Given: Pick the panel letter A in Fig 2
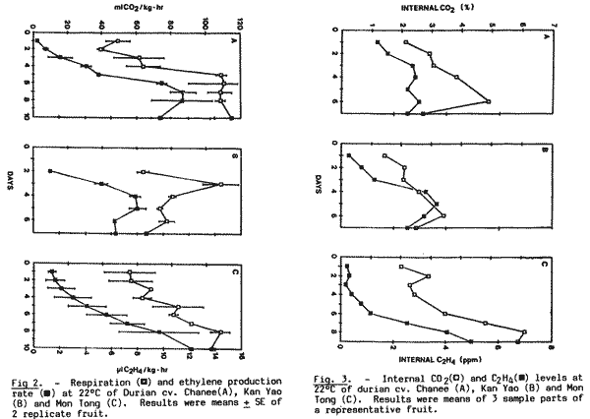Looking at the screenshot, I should coord(233,40).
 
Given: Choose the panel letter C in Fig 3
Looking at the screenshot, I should coord(545,266).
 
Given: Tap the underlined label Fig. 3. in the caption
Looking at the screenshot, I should coord(333,378).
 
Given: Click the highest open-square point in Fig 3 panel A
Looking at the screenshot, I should coord(489,101).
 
